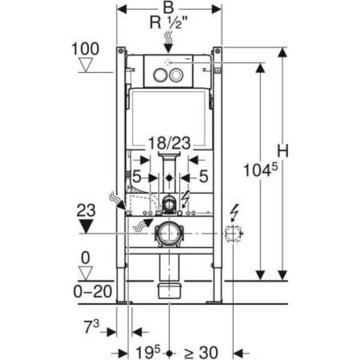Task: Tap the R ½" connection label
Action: pos(168,23)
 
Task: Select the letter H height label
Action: pos(282,151)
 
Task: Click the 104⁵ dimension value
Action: pos(260,170)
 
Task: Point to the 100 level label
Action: pos(85,49)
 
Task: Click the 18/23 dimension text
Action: pos(170,143)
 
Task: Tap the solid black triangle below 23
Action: pos(86,226)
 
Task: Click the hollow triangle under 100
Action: pos(86,65)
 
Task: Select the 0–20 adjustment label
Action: pos(92,292)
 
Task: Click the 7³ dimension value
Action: pos(92,327)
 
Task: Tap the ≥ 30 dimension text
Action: pos(201,352)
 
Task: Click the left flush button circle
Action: pos(160,75)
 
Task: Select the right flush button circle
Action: pos(176,75)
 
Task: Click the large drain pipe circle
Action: pos(169,234)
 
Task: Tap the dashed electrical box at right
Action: pos(233,234)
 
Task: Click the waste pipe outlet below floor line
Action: pos(170,291)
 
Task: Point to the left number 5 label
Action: pos(137,177)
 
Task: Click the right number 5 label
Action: pos(204,176)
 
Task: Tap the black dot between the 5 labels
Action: pos(170,177)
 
